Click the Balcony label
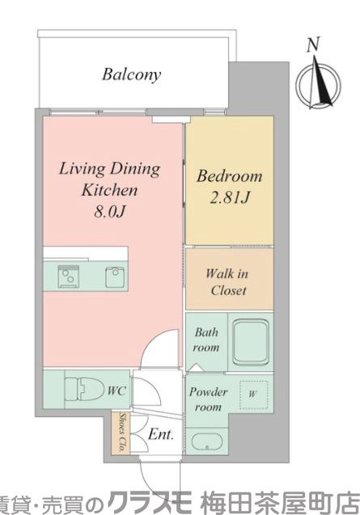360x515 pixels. [x=132, y=74]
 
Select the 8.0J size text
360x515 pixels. [x=109, y=211]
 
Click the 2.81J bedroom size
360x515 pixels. [x=229, y=197]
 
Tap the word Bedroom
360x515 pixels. [x=230, y=176]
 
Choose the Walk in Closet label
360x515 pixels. [x=227, y=282]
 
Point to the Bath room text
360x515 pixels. [x=206, y=340]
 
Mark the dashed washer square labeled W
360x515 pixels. [x=253, y=395]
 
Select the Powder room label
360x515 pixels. [x=208, y=399]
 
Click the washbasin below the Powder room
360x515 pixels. [x=206, y=442]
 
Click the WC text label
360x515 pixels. [x=116, y=390]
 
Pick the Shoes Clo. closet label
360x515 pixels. [x=123, y=433]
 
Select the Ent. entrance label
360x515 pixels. [x=160, y=434]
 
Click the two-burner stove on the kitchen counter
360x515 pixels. [x=69, y=276]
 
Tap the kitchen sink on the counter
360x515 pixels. [x=115, y=276]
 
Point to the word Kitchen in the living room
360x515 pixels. [x=109, y=190]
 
